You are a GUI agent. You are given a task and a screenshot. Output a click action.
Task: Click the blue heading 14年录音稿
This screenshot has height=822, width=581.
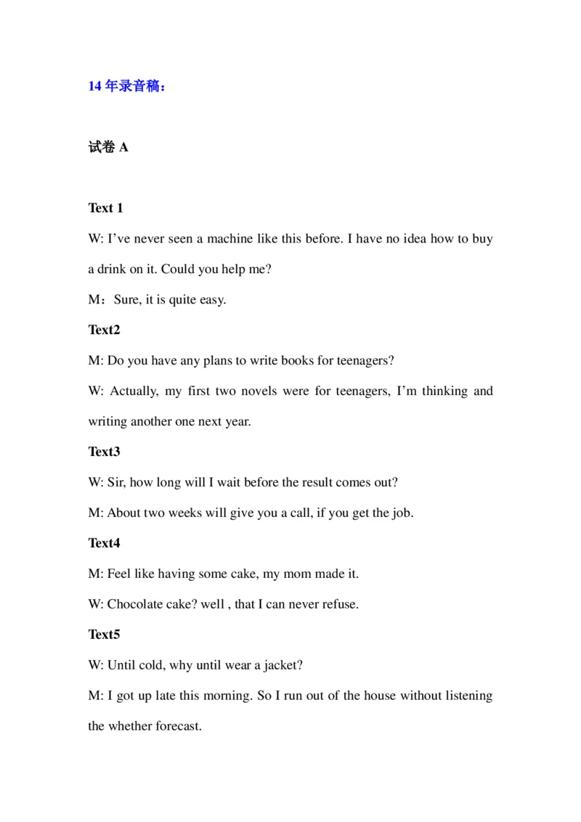pyautogui.click(x=127, y=86)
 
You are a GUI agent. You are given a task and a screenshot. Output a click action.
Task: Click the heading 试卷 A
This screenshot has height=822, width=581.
pyautogui.click(x=108, y=147)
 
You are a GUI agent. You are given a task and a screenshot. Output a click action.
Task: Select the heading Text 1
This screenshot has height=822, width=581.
pyautogui.click(x=106, y=208)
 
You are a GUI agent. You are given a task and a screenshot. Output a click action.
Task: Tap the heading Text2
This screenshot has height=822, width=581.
pyautogui.click(x=105, y=330)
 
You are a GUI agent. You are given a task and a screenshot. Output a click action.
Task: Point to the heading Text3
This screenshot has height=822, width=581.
pyautogui.click(x=105, y=452)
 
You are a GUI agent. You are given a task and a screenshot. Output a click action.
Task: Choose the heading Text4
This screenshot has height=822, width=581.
pyautogui.click(x=105, y=543)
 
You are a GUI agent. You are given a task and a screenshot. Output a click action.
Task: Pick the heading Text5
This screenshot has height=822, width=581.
pyautogui.click(x=105, y=635)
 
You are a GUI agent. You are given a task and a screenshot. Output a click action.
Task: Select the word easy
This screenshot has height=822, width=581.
pyautogui.click(x=213, y=300)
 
